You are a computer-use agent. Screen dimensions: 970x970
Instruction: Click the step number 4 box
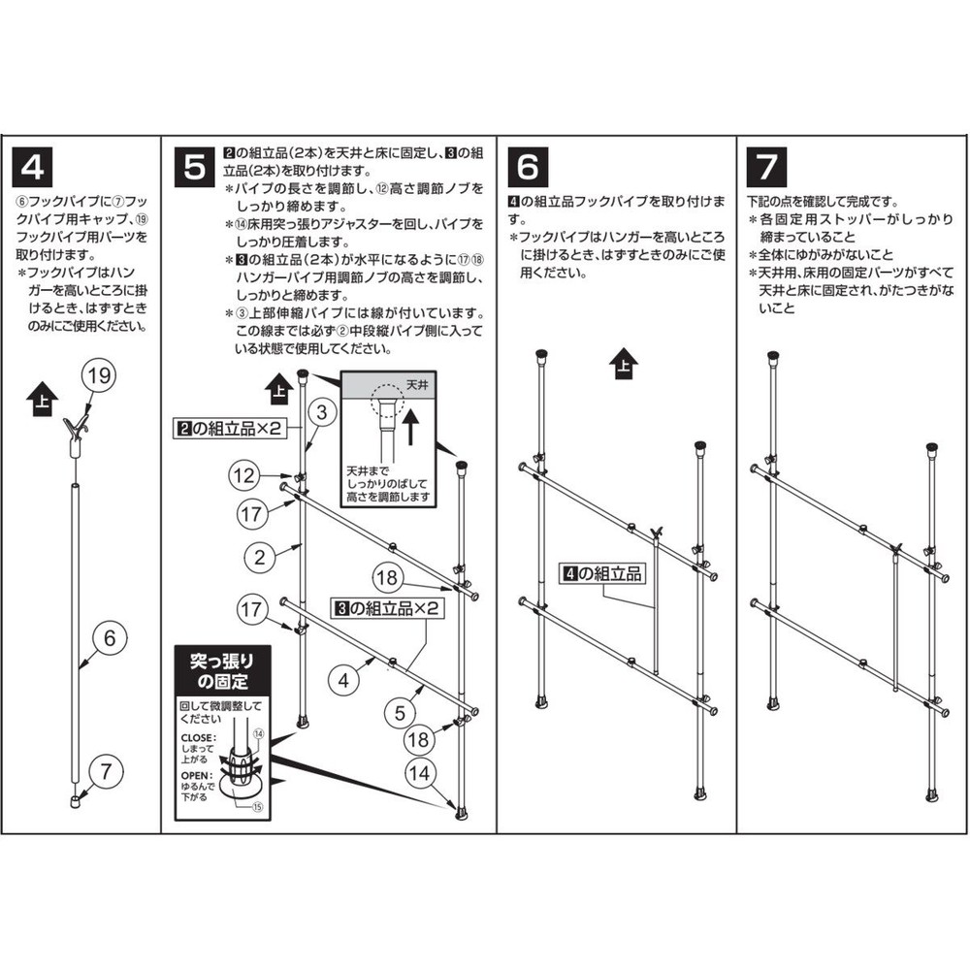coord(32,166)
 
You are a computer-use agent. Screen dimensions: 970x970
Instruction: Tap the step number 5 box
coord(195,166)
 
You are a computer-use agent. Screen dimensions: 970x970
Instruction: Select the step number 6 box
coord(527,166)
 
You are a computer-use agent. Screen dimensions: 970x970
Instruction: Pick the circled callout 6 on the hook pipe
coord(110,639)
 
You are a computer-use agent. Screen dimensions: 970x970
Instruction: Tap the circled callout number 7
coord(106,772)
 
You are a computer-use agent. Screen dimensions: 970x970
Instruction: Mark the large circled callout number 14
coord(418,773)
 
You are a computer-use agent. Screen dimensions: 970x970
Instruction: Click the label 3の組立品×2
coord(388,610)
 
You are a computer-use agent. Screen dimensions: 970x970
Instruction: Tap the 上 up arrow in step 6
coord(624,367)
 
